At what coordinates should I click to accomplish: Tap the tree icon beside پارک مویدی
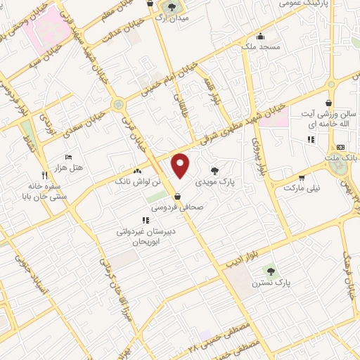click(214, 169)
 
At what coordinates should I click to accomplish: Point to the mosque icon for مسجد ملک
click(261, 37)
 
